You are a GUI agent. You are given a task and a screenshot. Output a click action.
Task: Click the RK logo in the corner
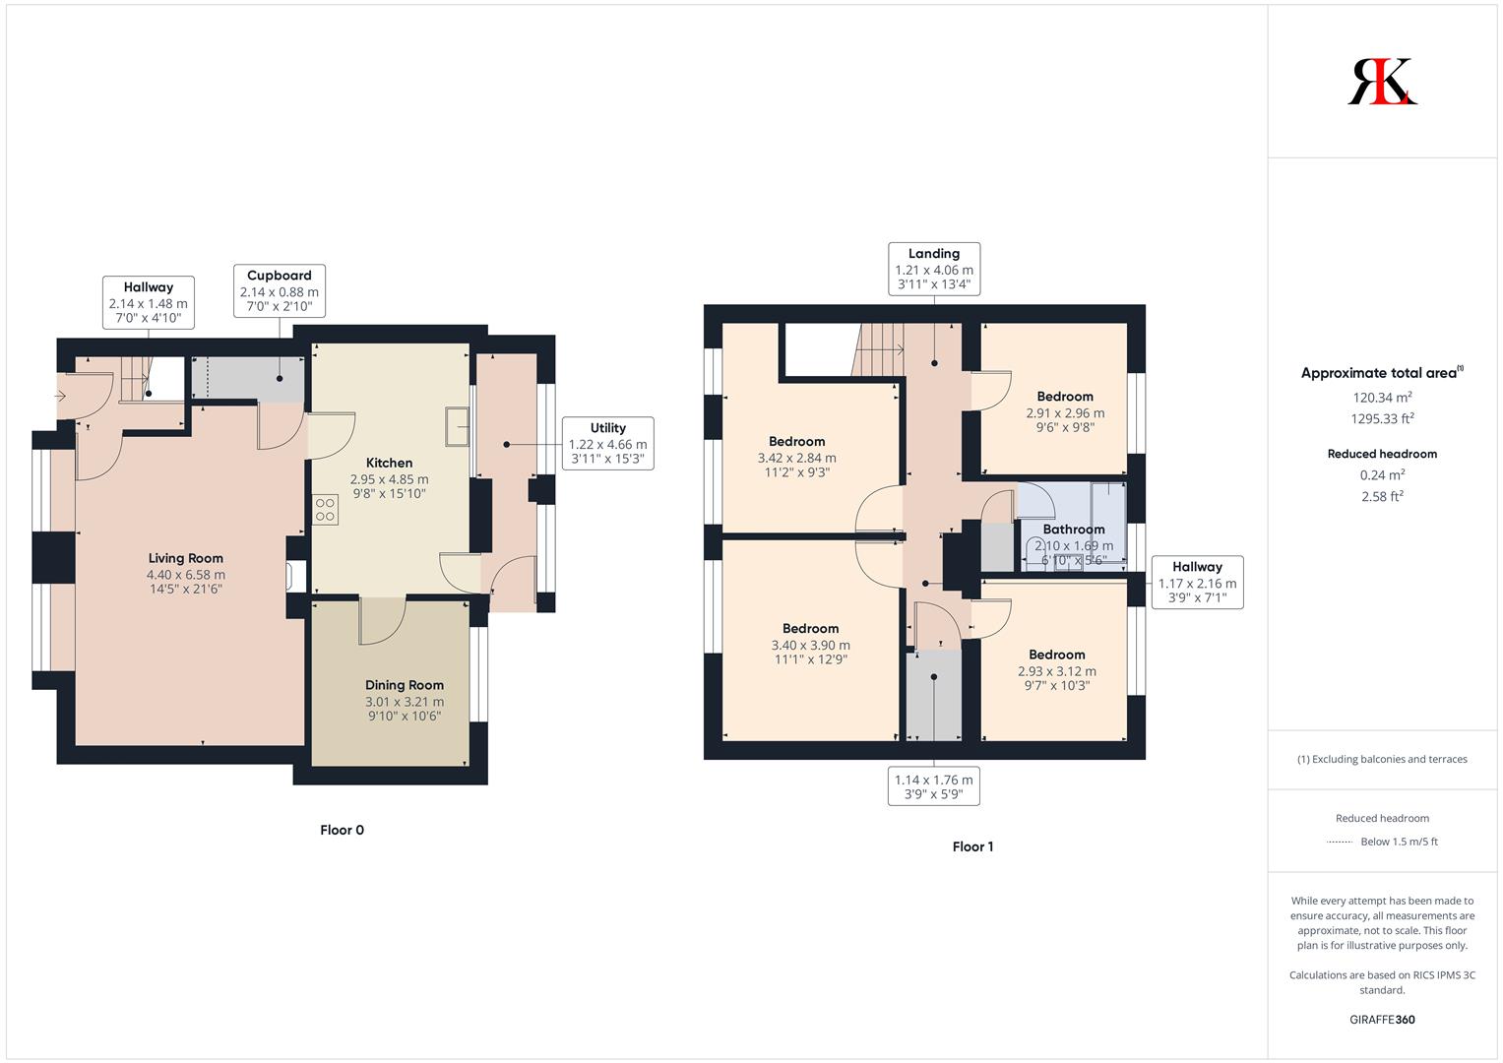(x=1382, y=81)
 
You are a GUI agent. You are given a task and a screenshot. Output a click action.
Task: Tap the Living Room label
(x=186, y=558)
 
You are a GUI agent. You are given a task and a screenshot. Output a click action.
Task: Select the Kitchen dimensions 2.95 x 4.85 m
(x=389, y=479)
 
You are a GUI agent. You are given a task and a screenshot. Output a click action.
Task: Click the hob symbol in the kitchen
(x=325, y=510)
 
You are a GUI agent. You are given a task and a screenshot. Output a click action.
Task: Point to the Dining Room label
(x=405, y=685)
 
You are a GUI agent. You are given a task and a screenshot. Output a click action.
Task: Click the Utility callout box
(x=608, y=444)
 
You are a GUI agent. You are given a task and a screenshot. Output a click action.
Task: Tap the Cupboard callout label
(x=280, y=276)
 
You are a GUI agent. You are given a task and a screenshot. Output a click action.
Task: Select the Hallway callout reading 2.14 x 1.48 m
(x=149, y=303)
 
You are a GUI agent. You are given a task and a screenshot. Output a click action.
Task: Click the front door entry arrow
(x=60, y=396)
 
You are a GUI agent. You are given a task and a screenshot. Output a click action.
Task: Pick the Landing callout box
(x=934, y=269)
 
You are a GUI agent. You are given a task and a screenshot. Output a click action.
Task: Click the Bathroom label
(x=1074, y=529)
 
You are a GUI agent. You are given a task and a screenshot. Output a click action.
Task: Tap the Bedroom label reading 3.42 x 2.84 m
(x=797, y=442)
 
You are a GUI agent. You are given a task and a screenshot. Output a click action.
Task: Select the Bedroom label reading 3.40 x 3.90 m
(x=810, y=629)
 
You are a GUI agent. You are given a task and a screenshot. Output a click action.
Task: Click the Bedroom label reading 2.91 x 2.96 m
(x=1065, y=397)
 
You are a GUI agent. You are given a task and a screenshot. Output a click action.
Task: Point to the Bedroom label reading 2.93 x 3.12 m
(x=1057, y=655)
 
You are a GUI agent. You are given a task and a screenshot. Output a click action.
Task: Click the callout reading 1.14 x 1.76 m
(x=934, y=785)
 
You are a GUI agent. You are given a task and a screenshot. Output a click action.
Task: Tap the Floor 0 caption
(x=343, y=830)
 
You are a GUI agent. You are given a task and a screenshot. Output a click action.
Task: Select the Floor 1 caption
(x=972, y=846)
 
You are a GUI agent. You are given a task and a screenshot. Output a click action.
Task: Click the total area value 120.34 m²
(x=1382, y=398)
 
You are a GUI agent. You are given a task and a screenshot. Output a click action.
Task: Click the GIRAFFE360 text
(x=1382, y=1020)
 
